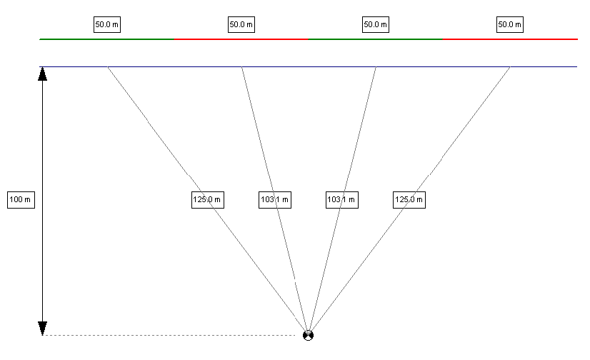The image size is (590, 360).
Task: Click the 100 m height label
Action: point(21,200)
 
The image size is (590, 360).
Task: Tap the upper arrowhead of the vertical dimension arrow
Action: point(43,74)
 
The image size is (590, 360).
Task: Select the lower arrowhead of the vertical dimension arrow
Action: point(43,329)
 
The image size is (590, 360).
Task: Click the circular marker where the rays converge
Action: point(308,335)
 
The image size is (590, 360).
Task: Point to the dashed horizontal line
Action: point(169,335)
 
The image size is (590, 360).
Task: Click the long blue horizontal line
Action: point(308,67)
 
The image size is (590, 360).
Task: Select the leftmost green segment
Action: point(107,39)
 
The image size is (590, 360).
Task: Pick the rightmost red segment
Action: point(510,39)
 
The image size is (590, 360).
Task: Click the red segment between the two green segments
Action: point(241,39)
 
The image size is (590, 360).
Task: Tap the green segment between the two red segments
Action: point(376,39)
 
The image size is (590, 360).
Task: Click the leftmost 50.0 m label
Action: point(107,24)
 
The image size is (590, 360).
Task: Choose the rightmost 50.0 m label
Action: point(510,24)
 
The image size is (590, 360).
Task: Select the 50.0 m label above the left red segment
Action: point(241,24)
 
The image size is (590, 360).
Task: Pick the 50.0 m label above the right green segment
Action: point(376,24)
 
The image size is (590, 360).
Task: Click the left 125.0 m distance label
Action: point(208,200)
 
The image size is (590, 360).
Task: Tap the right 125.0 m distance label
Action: point(409,200)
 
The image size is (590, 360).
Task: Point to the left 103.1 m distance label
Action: point(275,200)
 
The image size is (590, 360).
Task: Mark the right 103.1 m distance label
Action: point(342,200)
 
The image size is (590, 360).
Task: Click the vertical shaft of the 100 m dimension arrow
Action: point(43,201)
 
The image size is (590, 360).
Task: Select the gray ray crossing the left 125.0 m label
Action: point(208,201)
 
